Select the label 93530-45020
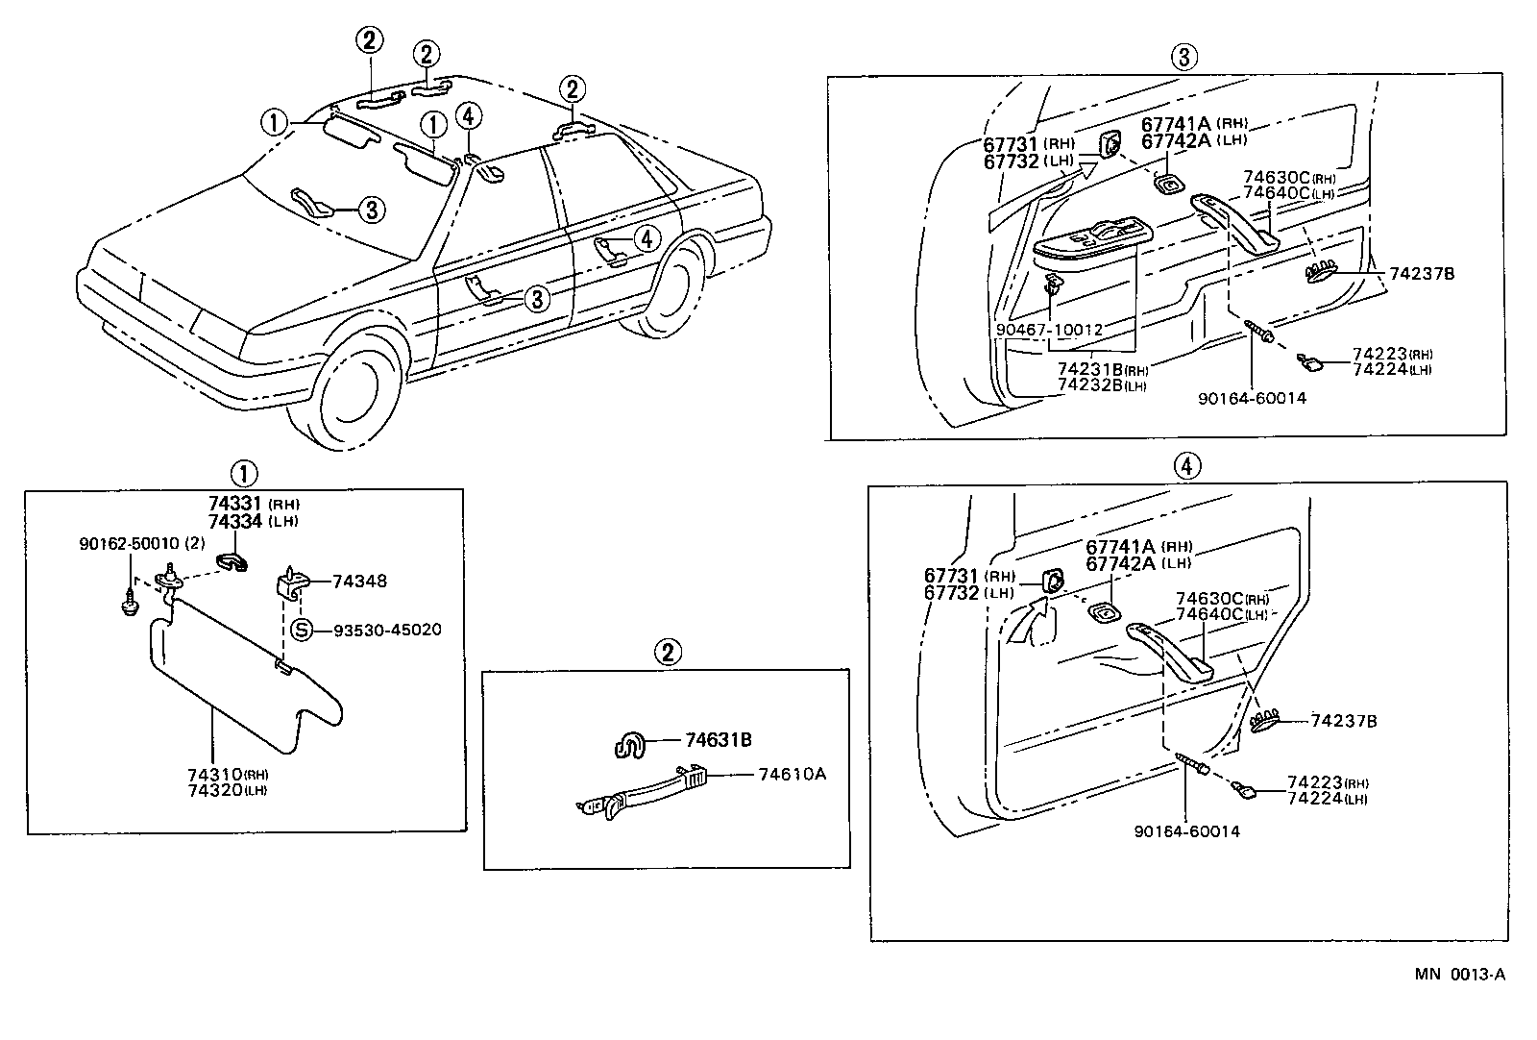click(x=387, y=631)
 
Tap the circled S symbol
click(x=302, y=631)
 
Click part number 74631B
click(x=718, y=740)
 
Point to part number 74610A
click(x=792, y=773)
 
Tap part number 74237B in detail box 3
click(x=1422, y=274)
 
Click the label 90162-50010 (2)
click(x=141, y=544)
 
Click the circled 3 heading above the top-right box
click(x=1183, y=58)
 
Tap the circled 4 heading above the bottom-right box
click(x=1187, y=466)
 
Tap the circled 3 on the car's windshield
click(x=374, y=209)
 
